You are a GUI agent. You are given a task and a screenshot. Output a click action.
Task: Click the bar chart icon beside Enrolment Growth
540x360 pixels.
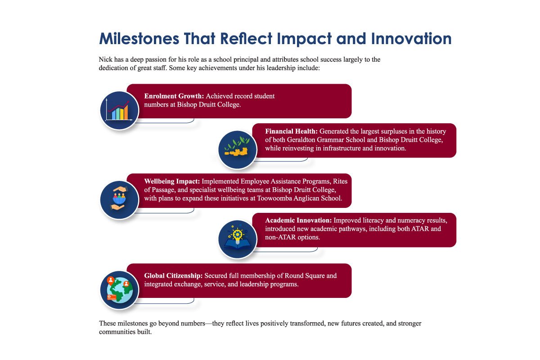click(118, 110)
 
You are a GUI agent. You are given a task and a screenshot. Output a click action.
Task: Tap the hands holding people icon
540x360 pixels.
click(118, 199)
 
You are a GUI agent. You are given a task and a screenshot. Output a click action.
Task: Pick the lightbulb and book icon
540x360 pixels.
click(237, 239)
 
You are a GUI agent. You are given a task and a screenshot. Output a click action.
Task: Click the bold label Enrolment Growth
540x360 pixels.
click(174, 96)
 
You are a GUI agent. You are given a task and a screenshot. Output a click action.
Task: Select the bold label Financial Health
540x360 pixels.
click(291, 131)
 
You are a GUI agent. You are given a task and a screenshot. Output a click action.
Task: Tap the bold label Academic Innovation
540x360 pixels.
click(298, 220)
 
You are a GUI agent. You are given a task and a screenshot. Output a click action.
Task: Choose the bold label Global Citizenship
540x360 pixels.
click(173, 276)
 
